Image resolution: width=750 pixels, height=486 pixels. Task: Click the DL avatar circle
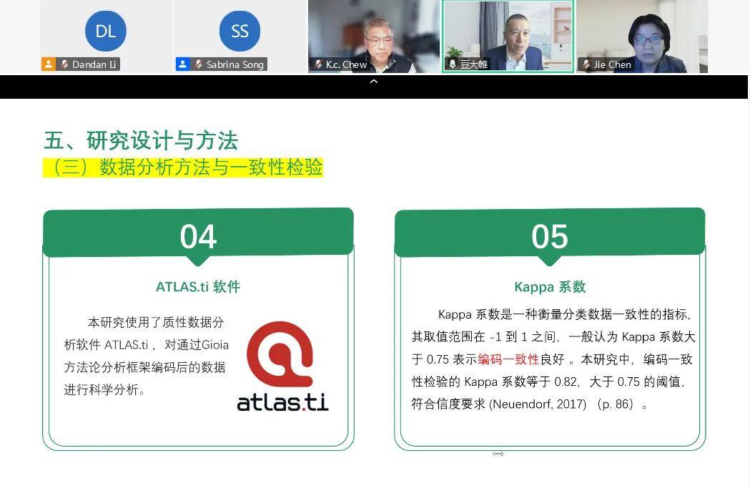point(106,31)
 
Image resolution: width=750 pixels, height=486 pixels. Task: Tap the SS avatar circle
point(240,31)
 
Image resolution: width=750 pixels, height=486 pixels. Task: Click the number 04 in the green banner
point(198,236)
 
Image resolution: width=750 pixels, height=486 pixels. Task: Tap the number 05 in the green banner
point(550,236)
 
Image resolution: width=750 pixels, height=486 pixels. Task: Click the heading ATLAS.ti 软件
point(198,287)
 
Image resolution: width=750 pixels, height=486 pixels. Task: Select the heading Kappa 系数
point(550,287)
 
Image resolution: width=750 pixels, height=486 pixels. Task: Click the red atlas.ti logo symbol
point(280,354)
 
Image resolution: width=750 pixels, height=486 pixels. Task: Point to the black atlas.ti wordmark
point(282,402)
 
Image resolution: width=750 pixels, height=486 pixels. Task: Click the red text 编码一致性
point(508,359)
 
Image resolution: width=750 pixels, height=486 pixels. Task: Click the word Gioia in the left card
point(215,345)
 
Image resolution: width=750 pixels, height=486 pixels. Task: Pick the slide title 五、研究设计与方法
point(141,140)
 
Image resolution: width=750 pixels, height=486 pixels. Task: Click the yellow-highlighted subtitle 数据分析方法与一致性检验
point(211,167)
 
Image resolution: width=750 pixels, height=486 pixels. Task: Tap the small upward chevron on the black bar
point(374,82)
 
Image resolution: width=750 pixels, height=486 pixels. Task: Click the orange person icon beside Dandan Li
point(49,64)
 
